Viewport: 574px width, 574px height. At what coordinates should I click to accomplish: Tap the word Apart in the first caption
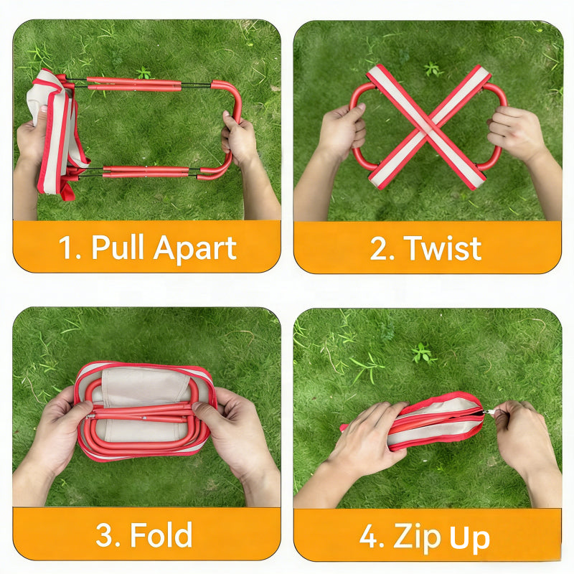(x=194, y=248)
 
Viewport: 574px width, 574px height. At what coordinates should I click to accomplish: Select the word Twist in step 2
(x=443, y=248)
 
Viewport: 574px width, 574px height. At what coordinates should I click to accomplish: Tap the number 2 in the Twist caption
(x=380, y=248)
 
